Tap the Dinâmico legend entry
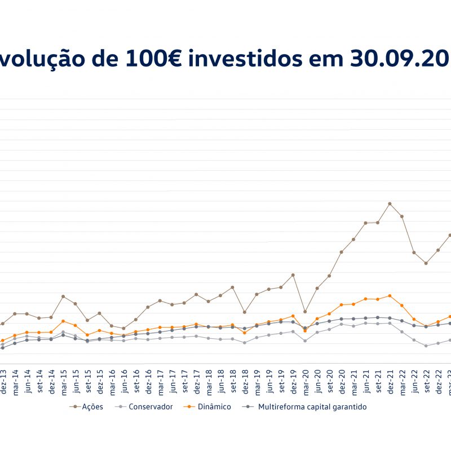tap(213, 406)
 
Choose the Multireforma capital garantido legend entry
tap(312, 406)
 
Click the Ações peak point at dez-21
tap(390, 204)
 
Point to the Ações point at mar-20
tap(305, 312)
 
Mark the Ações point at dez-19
tap(293, 275)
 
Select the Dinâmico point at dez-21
tap(390, 295)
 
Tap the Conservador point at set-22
tap(426, 346)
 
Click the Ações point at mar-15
tap(63, 297)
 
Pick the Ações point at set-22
tap(426, 263)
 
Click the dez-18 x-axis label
tap(245, 383)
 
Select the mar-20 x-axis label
tap(306, 383)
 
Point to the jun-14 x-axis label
tap(28, 383)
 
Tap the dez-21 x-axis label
tap(390, 383)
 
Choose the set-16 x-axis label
tap(136, 383)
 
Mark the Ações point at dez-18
tap(245, 312)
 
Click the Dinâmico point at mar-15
tap(63, 321)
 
